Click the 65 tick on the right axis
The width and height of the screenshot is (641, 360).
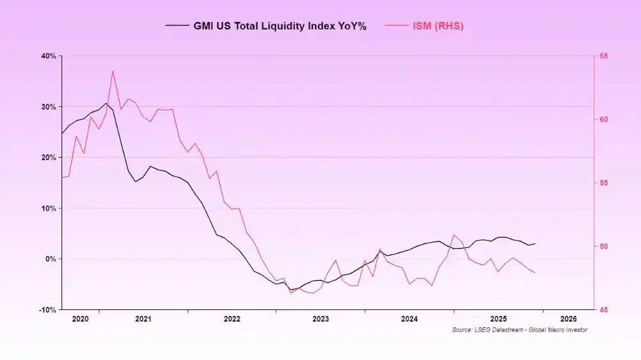pos(604,56)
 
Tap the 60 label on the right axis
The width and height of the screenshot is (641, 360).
pos(604,120)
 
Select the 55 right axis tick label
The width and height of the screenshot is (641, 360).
pos(604,183)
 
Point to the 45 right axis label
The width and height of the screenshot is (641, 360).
pos(604,310)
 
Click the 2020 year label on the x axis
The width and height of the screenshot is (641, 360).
pos(80,318)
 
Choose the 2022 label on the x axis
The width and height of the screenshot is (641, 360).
pos(232,318)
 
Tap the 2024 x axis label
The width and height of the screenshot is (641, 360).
pos(410,318)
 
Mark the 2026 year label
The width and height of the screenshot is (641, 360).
pos(568,318)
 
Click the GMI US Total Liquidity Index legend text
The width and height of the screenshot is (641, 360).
pos(279,26)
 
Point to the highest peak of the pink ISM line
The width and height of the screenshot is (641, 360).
pos(113,70)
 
